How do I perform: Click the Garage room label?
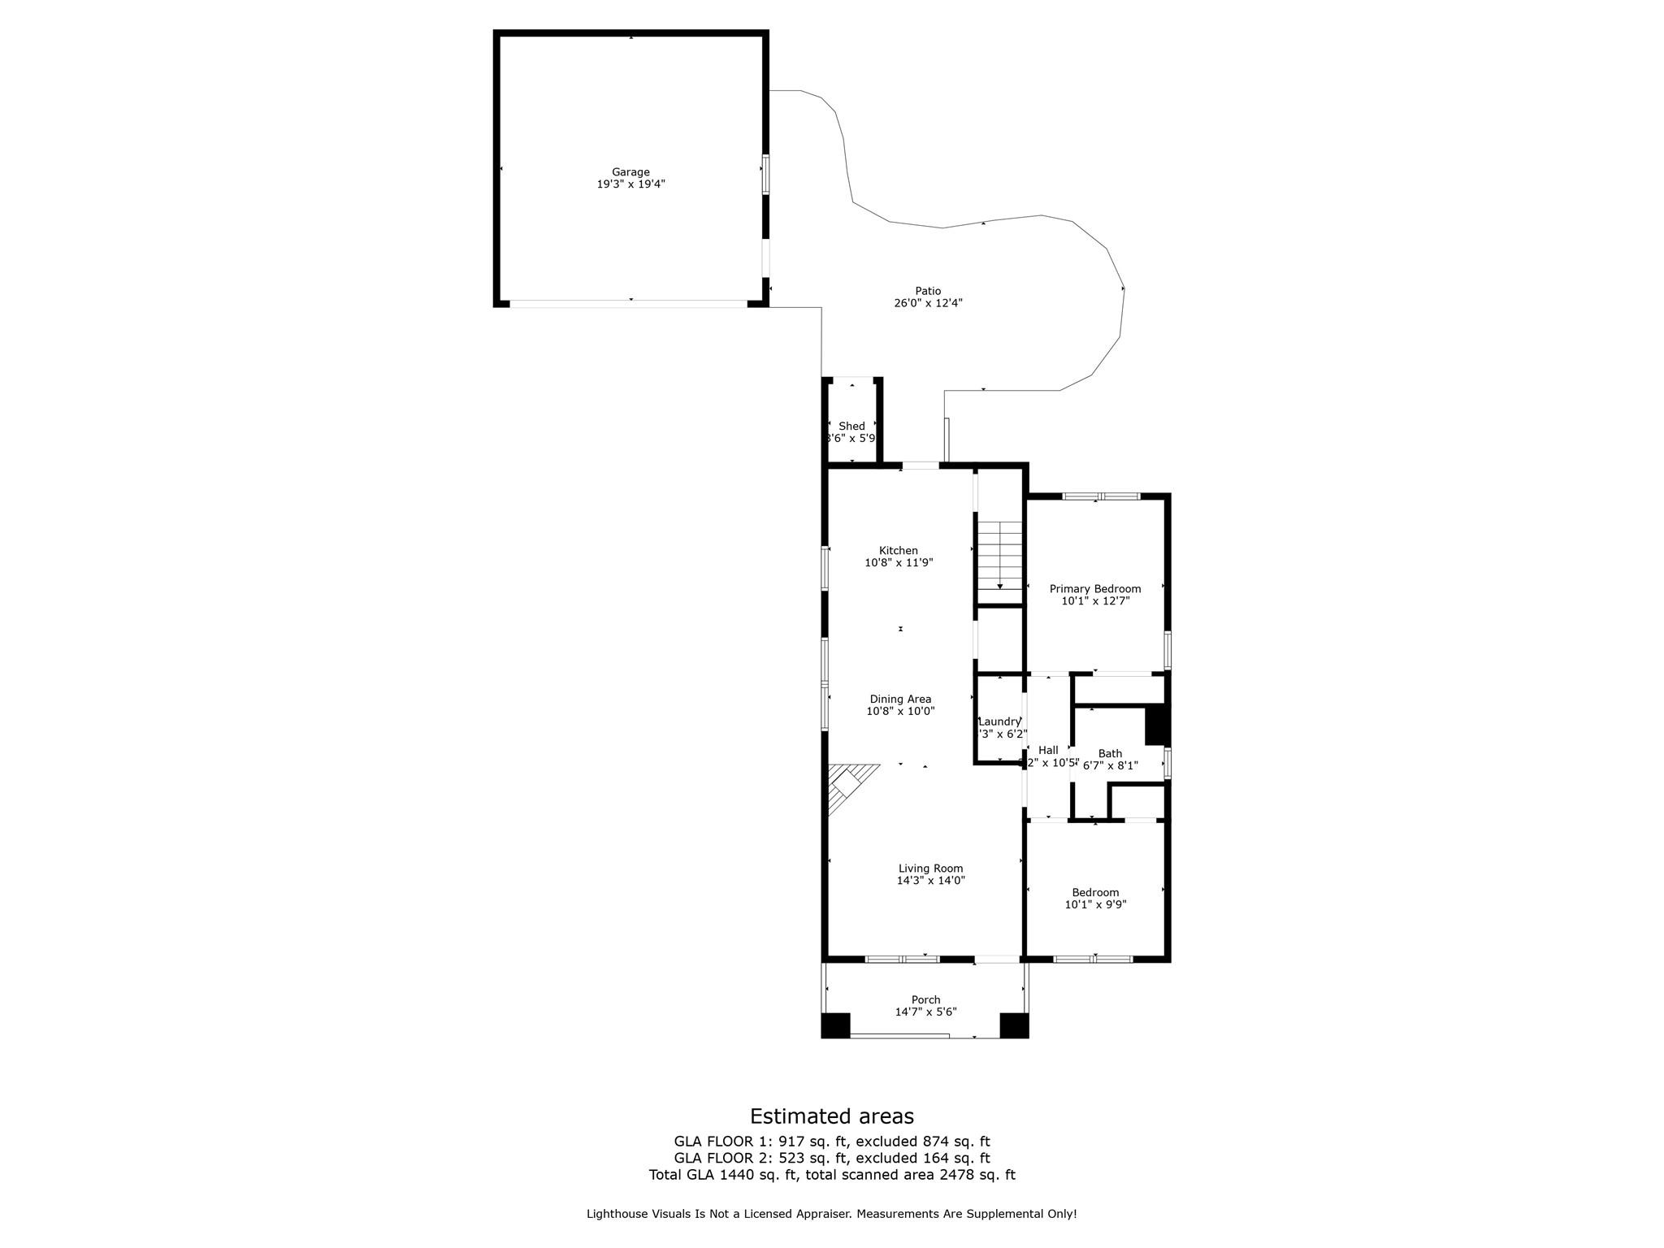coord(630,172)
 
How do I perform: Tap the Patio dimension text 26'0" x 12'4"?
coord(927,304)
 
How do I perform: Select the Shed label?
coord(851,426)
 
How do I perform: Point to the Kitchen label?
coord(898,551)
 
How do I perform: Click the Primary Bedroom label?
coord(1094,589)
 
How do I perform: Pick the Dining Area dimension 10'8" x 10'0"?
coord(900,711)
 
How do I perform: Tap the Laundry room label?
coord(999,721)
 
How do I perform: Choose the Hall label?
coord(1048,750)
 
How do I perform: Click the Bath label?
coord(1110,753)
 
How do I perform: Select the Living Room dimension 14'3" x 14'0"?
coord(930,880)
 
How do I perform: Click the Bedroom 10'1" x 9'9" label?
coord(1095,892)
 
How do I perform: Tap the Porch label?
coord(925,1000)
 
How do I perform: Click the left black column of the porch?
coord(835,1025)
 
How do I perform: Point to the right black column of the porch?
coord(1014,1025)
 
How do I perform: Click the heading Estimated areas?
coord(831,1116)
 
